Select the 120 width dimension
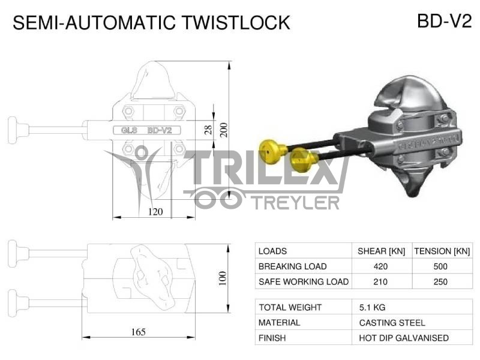point(155,211)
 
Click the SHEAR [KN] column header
point(380,251)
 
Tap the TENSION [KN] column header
point(442,251)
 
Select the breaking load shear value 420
point(380,266)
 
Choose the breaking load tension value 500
point(442,266)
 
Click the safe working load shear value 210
point(380,281)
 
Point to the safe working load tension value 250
point(442,281)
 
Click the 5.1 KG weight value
point(372,307)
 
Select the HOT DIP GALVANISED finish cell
point(404,338)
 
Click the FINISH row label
point(272,338)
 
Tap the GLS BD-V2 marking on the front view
point(146,130)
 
